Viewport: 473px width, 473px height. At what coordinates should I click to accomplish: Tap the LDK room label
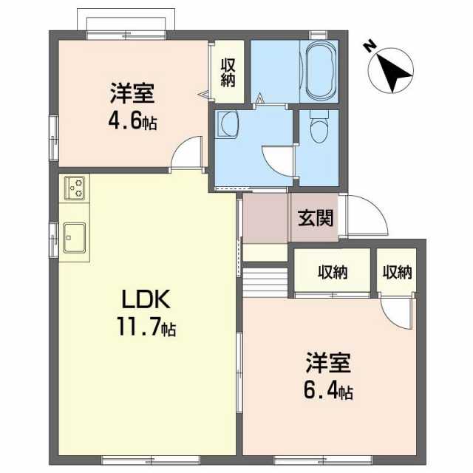pyautogui.click(x=146, y=300)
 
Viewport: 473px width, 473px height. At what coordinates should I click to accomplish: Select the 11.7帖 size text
pyautogui.click(x=146, y=326)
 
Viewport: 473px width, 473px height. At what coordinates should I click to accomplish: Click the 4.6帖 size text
pyautogui.click(x=134, y=120)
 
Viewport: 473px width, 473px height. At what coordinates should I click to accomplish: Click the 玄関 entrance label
pyautogui.click(x=315, y=218)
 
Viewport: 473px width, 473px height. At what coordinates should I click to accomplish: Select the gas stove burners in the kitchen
pyautogui.click(x=75, y=188)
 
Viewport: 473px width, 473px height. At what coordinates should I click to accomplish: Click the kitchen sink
pyautogui.click(x=75, y=237)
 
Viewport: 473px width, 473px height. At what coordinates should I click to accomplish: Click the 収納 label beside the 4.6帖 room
pyautogui.click(x=228, y=72)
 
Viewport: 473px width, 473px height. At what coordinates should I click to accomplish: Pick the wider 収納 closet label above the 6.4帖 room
pyautogui.click(x=333, y=273)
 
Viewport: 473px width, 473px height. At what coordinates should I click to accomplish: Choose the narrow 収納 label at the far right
pyautogui.click(x=397, y=273)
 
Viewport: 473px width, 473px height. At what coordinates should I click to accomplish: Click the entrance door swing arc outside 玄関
pyautogui.click(x=367, y=216)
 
